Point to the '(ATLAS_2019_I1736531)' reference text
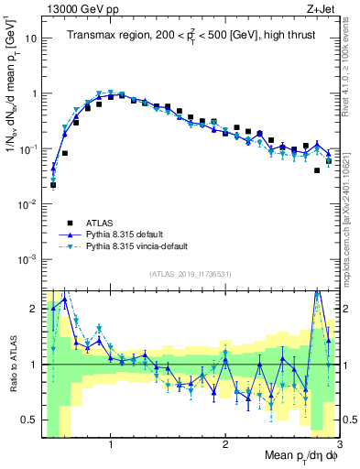190,274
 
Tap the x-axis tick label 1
110,442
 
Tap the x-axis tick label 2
225,442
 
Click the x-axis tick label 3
338,442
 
